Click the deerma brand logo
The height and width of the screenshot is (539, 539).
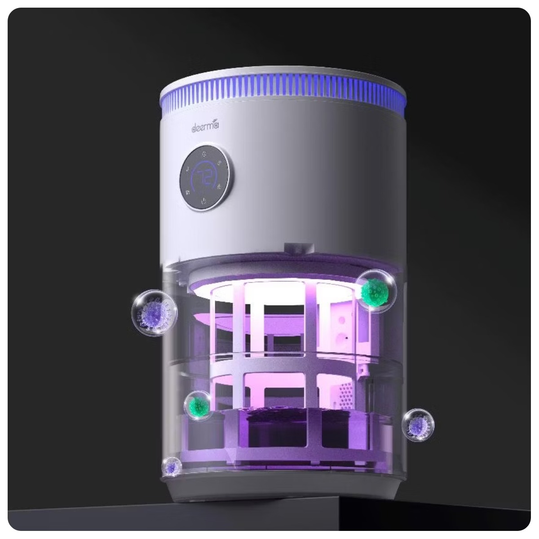click(205, 126)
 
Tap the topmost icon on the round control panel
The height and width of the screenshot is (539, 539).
click(205, 154)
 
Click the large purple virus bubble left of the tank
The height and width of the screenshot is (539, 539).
click(154, 313)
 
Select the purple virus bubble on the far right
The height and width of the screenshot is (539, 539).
click(418, 425)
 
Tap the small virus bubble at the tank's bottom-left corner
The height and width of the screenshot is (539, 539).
click(172, 467)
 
